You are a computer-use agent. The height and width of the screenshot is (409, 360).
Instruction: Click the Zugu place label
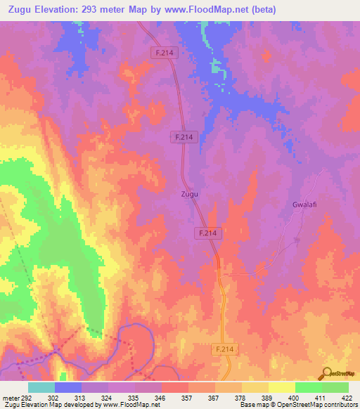(189, 193)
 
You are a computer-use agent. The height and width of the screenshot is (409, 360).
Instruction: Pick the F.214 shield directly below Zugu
(208, 233)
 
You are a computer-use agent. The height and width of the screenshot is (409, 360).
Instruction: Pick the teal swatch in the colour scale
(41, 387)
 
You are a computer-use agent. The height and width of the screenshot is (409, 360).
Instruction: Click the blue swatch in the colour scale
(68, 387)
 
